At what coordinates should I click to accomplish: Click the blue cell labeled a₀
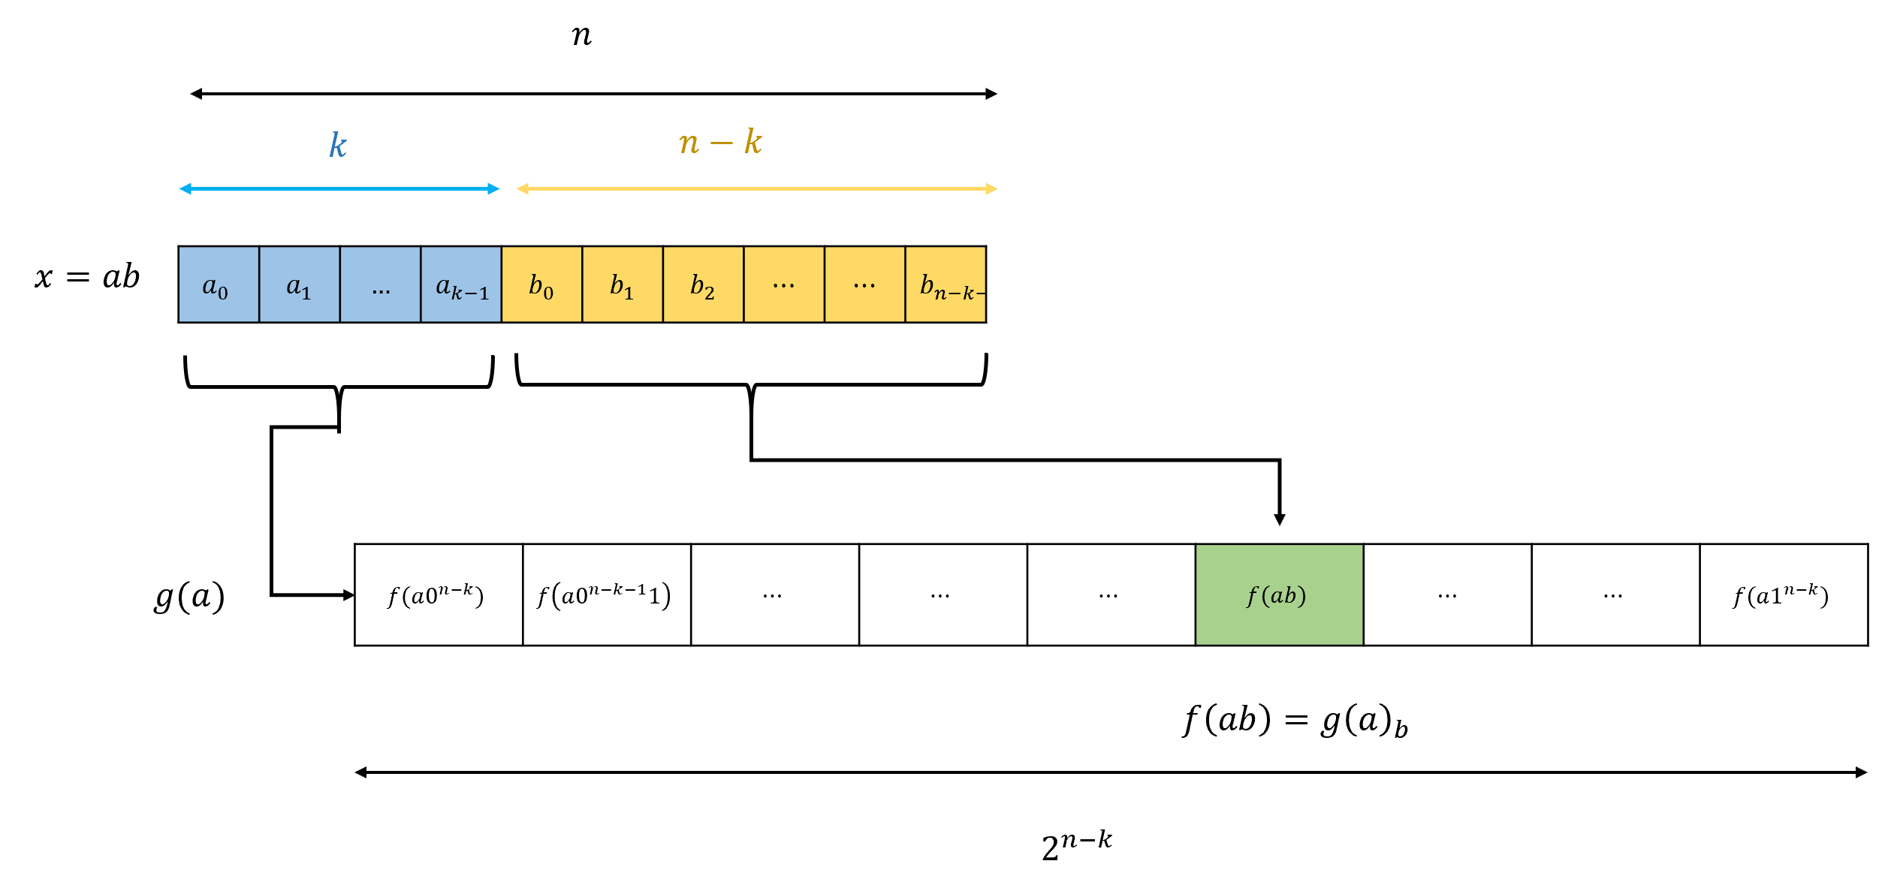click(219, 284)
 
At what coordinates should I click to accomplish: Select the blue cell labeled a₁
click(299, 284)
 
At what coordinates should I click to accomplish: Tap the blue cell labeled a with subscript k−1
click(461, 284)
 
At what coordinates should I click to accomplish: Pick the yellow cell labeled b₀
click(541, 284)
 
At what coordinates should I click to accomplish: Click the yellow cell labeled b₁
click(623, 284)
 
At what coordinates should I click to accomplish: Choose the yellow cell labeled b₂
click(703, 284)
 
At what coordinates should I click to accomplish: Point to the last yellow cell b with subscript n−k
click(945, 284)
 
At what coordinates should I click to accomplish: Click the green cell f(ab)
click(1279, 595)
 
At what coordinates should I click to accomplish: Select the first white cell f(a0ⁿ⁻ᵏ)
click(438, 595)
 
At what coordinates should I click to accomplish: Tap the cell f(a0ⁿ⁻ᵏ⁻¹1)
click(606, 595)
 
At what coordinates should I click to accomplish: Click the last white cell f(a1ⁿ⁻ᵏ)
click(1784, 595)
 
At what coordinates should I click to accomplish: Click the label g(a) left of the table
click(189, 597)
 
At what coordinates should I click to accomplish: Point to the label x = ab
click(87, 277)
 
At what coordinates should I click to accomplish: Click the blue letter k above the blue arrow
click(338, 145)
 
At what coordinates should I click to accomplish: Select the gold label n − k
click(720, 142)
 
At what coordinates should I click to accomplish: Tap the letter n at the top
click(581, 35)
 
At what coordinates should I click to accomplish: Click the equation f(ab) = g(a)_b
click(1295, 721)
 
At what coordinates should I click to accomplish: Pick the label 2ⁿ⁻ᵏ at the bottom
click(1076, 845)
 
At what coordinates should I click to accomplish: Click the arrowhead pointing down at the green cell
click(1280, 519)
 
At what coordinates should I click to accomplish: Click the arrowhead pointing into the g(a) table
click(348, 595)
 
